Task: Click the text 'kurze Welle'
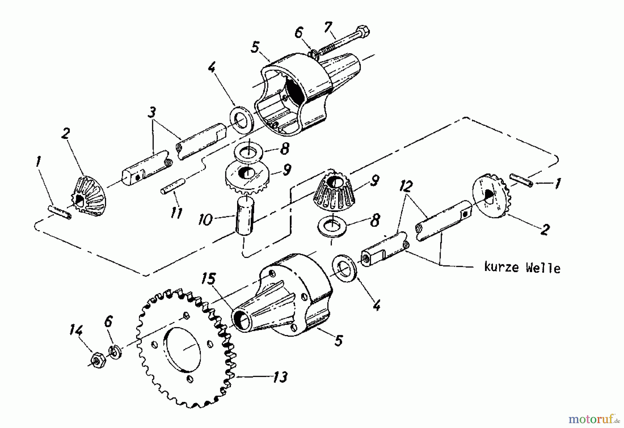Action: pos(522,268)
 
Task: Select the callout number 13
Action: pos(280,377)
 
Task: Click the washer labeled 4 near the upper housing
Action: pos(242,121)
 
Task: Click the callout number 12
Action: pos(405,187)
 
